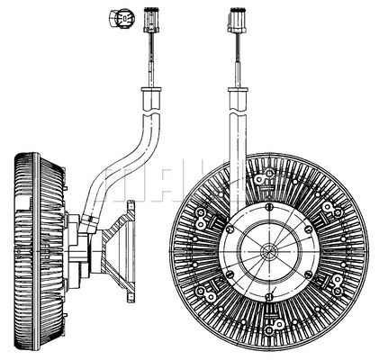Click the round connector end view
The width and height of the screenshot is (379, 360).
tap(122, 19)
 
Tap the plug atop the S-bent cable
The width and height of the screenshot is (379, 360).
tap(151, 20)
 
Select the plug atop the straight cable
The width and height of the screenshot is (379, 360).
tap(238, 20)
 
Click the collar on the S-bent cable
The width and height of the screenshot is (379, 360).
tap(151, 89)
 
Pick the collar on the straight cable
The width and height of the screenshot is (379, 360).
tap(238, 89)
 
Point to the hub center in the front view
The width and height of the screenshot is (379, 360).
tap(269, 250)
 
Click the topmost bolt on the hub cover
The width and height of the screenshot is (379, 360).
tap(269, 206)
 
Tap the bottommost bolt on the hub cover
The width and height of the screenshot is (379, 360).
tap(269, 297)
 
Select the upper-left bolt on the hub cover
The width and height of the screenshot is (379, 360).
tap(230, 229)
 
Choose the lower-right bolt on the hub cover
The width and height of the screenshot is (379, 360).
tap(308, 274)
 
